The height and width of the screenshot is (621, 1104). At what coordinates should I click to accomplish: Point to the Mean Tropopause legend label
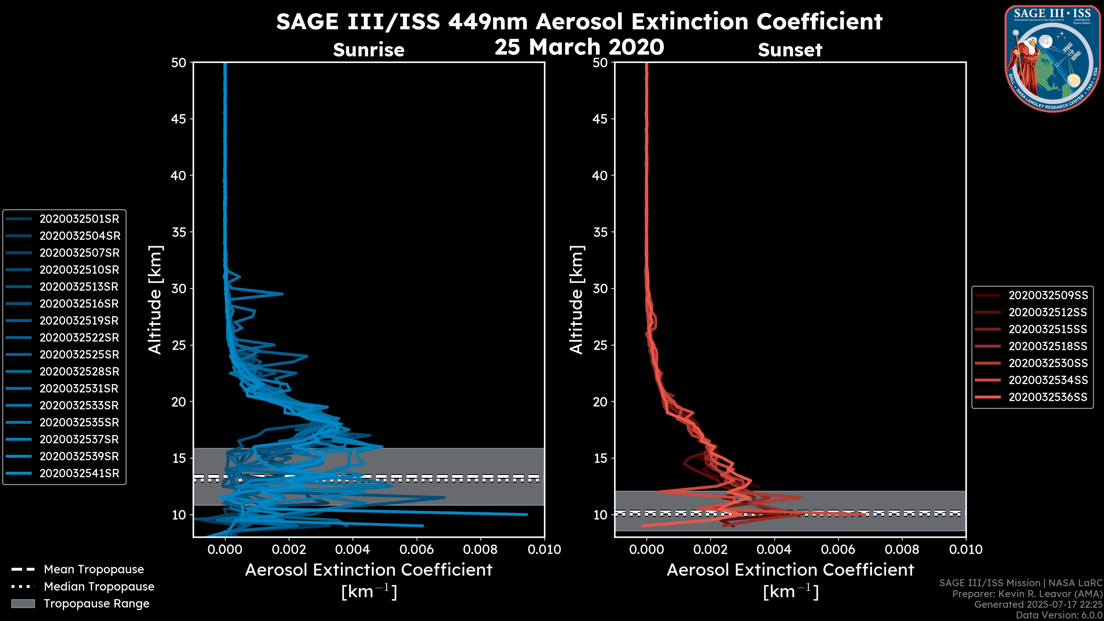click(94, 570)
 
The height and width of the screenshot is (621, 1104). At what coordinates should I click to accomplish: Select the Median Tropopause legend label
click(99, 587)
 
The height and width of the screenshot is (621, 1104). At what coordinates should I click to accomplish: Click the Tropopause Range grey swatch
click(23, 603)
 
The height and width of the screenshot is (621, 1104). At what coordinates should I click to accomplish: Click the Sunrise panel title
click(369, 50)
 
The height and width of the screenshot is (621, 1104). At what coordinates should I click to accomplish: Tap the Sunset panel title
click(790, 50)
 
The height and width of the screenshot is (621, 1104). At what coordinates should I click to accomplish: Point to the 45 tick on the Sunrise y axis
click(179, 119)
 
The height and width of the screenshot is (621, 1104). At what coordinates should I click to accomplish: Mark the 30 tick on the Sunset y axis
click(600, 289)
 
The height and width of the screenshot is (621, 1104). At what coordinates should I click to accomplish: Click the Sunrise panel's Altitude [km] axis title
click(155, 300)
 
